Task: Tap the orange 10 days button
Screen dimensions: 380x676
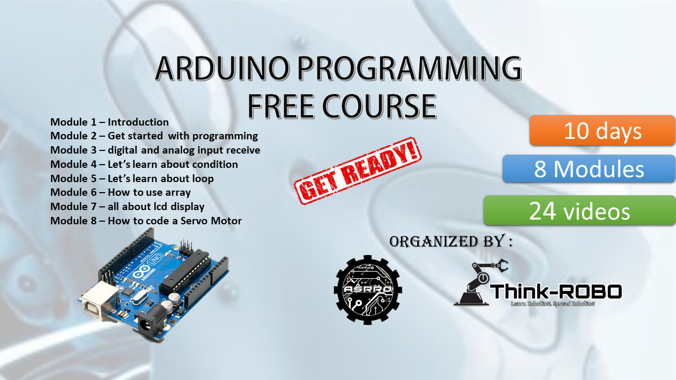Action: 603,130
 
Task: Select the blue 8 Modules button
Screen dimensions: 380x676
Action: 589,169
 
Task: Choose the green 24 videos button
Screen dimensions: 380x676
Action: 579,211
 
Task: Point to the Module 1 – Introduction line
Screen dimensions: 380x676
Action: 109,122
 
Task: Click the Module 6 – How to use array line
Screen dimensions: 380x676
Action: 120,193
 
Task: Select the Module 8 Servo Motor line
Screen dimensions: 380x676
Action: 146,221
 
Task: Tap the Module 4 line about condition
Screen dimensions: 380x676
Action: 144,164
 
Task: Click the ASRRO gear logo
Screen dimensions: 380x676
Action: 368,289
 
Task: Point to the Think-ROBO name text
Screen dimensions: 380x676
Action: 556,291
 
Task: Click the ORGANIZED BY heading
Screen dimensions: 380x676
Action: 450,242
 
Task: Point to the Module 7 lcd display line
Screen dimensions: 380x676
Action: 127,207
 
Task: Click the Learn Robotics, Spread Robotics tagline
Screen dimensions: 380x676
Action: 552,304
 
